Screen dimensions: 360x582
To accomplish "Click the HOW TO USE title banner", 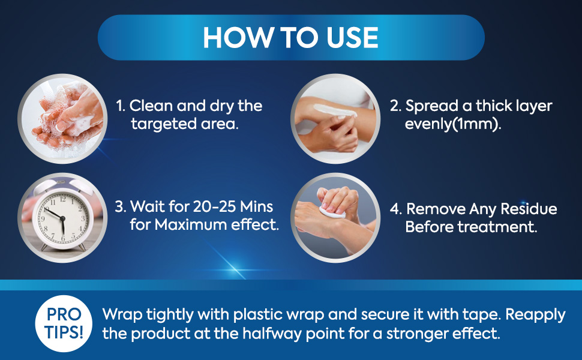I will coord(291,37).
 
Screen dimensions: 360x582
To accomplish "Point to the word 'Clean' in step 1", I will coord(151,106).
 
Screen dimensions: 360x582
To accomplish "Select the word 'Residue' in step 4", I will coord(528,209).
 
